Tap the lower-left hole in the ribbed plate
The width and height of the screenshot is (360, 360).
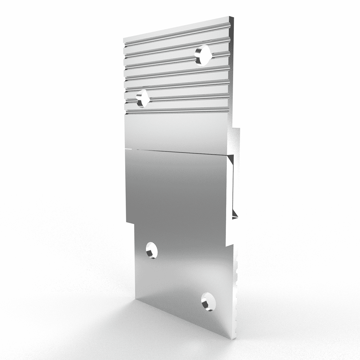[x=142, y=98]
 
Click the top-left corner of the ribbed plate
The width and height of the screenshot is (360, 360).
[x=124, y=39]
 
